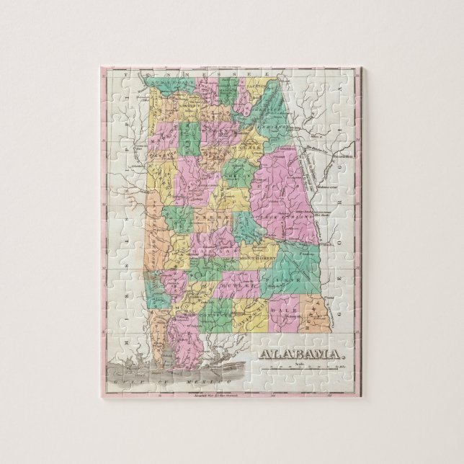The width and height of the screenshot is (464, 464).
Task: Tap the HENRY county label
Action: click(307, 317)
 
